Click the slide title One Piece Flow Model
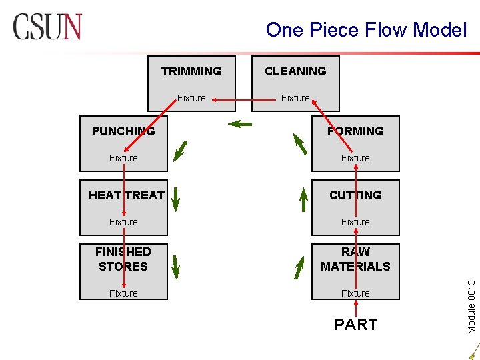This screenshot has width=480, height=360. (x=366, y=29)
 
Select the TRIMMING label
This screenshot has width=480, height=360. (x=191, y=71)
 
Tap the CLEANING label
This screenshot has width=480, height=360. (x=295, y=71)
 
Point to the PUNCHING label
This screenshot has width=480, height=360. (x=123, y=131)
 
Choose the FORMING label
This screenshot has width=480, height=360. (x=355, y=131)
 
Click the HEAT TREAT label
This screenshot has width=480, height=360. (x=127, y=195)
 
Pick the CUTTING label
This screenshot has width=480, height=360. (x=355, y=195)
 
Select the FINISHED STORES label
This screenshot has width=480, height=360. (x=123, y=259)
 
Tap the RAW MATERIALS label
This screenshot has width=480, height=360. (x=355, y=259)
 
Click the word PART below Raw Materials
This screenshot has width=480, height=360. (x=355, y=325)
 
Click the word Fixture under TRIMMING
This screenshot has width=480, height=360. (x=191, y=98)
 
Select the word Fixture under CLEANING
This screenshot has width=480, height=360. (x=295, y=98)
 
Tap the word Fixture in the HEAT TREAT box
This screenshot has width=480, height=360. (x=123, y=222)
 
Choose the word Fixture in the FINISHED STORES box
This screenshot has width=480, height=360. (x=123, y=293)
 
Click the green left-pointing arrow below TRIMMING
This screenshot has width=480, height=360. (x=239, y=123)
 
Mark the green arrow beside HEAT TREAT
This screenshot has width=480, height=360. (x=175, y=198)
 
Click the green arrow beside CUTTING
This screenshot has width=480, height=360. (x=303, y=198)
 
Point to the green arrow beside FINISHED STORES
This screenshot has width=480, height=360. (x=175, y=266)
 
